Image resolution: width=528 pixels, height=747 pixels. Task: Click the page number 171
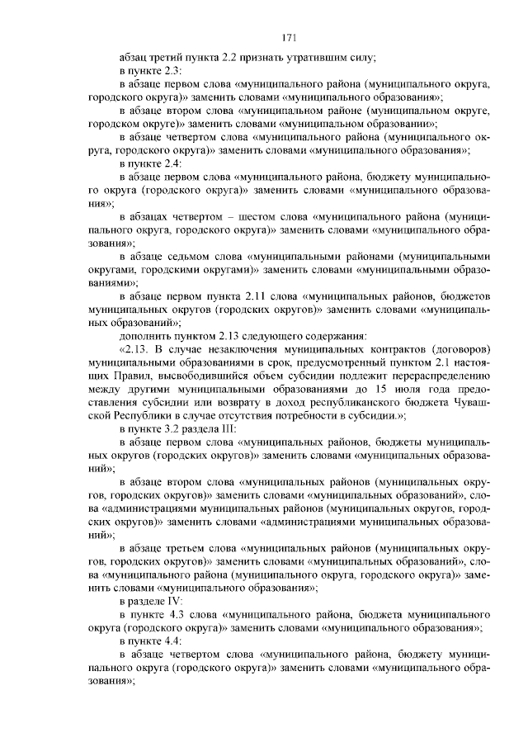(x=288, y=37)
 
